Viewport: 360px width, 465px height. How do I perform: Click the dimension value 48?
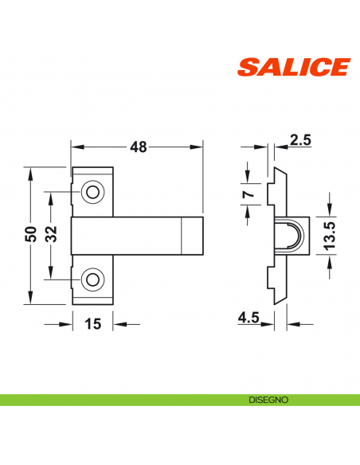click(138, 147)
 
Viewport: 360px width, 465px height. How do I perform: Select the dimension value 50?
click(31, 236)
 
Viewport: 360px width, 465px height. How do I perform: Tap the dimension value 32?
click(50, 236)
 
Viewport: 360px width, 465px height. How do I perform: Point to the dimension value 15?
click(93, 323)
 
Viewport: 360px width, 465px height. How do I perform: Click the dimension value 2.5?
click(300, 141)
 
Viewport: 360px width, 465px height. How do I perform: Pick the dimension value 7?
click(248, 193)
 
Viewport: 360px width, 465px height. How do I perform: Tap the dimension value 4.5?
click(248, 318)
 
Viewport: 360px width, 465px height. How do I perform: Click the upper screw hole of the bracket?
click(93, 192)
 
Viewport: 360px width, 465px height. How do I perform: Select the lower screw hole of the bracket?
click(93, 279)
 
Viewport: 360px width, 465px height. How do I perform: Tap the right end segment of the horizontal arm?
click(190, 236)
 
